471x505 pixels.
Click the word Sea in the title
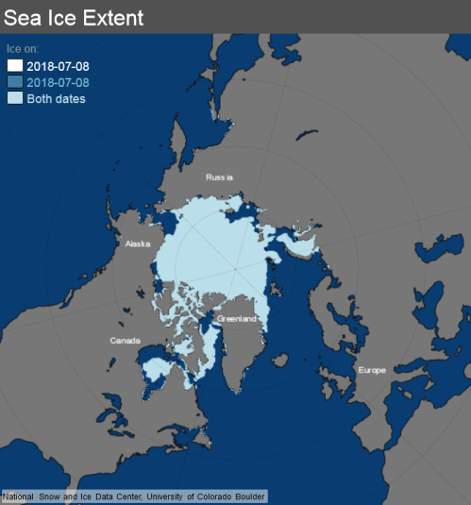click(24, 16)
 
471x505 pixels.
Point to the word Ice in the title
click(59, 16)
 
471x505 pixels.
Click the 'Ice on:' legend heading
click(24, 48)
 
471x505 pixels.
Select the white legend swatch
click(16, 66)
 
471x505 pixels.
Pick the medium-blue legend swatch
click(16, 82)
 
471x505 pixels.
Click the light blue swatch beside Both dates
click(16, 98)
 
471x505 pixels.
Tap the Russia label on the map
click(219, 177)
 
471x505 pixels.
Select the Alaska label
click(138, 244)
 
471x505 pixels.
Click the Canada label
click(125, 340)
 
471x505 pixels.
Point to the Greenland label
click(236, 319)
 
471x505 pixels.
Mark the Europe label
click(371, 370)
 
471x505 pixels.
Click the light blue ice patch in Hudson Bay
click(151, 369)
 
